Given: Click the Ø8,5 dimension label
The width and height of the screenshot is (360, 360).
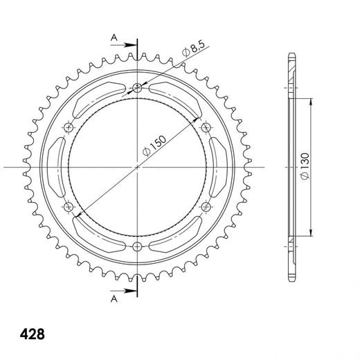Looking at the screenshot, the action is pyautogui.click(x=193, y=49).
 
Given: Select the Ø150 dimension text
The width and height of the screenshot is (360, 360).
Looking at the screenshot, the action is pyautogui.click(x=154, y=146).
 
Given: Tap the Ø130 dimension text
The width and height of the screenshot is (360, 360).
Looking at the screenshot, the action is pyautogui.click(x=305, y=165).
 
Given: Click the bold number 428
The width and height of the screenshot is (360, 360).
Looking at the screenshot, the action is pyautogui.click(x=33, y=334).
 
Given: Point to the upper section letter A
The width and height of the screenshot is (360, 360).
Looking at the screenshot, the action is pyautogui.click(x=114, y=37).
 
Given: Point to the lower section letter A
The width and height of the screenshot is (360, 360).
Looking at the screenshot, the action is pyautogui.click(x=114, y=299).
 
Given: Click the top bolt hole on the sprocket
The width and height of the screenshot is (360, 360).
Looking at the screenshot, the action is pyautogui.click(x=137, y=87).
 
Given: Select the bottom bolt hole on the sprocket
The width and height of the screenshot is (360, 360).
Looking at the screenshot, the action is pyautogui.click(x=137, y=246).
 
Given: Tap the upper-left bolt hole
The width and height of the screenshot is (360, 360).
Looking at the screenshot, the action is pyautogui.click(x=69, y=127).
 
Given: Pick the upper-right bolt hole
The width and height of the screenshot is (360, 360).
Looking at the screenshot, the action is pyautogui.click(x=206, y=127).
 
